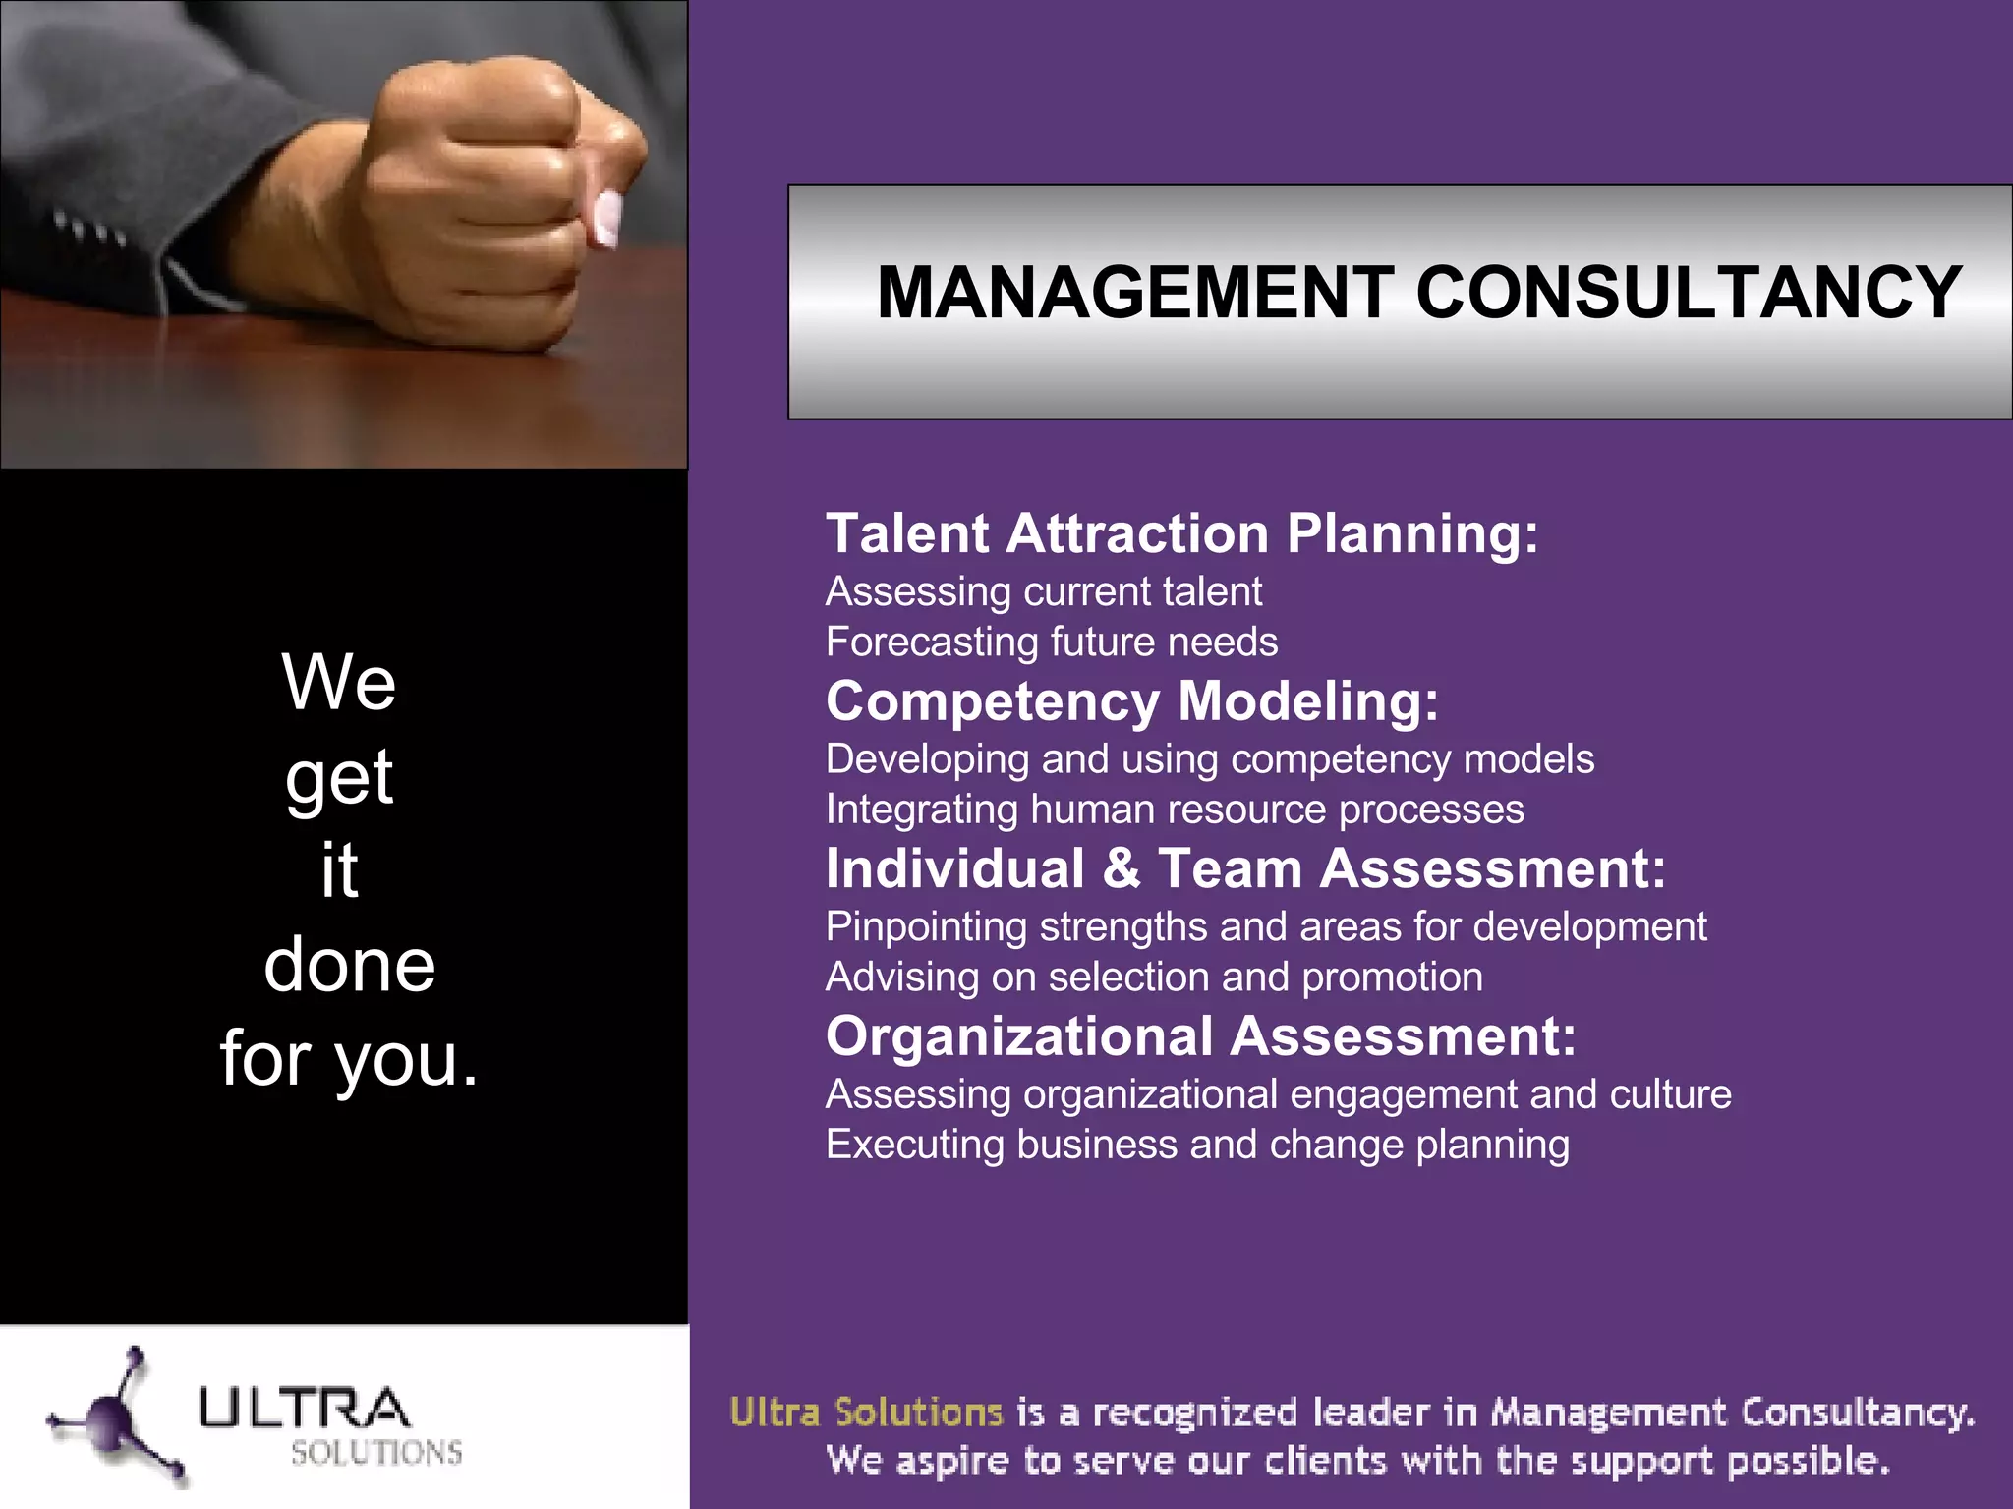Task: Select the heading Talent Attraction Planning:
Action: coord(1181,533)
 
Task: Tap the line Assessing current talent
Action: coord(1043,591)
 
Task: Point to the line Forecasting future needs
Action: coord(1051,642)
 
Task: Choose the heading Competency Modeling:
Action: coord(1131,701)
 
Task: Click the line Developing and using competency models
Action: coord(1209,759)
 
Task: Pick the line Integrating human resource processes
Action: coord(1175,810)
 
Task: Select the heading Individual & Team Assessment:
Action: coord(1245,868)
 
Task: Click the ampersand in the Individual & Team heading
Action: coord(1121,869)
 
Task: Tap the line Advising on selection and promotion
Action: coord(1154,978)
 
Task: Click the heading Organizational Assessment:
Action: coord(1200,1036)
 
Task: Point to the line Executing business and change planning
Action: coord(1197,1145)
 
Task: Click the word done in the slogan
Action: coord(349,965)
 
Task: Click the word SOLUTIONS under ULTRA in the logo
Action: coord(376,1452)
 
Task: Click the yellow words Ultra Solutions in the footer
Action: coord(866,1413)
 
